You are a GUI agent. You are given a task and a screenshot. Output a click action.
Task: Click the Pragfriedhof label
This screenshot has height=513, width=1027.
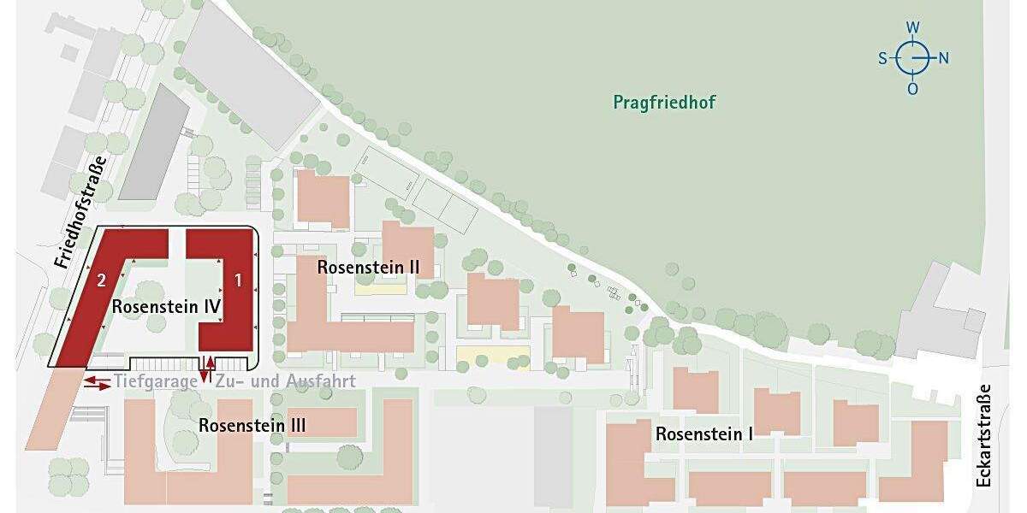click(x=664, y=103)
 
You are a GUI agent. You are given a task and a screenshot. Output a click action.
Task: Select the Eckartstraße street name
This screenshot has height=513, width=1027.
click(x=983, y=435)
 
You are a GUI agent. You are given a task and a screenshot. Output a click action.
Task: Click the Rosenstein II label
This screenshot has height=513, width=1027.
click(x=368, y=267)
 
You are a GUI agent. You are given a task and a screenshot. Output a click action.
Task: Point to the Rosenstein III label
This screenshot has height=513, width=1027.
click(x=252, y=425)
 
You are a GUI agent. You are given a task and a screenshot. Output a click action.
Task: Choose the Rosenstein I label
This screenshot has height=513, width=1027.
click(x=704, y=433)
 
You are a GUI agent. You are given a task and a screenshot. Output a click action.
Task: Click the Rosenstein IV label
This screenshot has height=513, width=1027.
click(x=167, y=306)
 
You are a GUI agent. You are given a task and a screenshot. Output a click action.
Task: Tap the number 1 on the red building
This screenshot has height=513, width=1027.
click(x=239, y=279)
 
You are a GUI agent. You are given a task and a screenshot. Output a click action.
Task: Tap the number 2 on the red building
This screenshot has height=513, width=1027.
click(x=101, y=280)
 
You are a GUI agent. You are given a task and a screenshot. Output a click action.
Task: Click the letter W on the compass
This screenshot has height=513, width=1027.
click(x=913, y=27)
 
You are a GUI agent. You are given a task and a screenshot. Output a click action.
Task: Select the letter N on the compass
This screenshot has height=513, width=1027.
click(x=944, y=58)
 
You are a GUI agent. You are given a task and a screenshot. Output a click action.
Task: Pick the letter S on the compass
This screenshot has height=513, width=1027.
click(x=882, y=58)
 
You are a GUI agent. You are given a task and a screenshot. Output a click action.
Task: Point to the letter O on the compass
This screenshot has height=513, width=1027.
click(x=913, y=89)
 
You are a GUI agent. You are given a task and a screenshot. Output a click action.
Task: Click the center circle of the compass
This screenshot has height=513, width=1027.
click(x=913, y=58)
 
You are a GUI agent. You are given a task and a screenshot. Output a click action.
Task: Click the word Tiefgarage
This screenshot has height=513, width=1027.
click(x=155, y=382)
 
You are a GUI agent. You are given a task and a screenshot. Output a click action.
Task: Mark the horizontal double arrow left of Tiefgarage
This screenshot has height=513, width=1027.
click(x=97, y=382)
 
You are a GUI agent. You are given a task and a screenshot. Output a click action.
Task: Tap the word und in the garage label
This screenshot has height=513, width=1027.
click(x=269, y=382)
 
